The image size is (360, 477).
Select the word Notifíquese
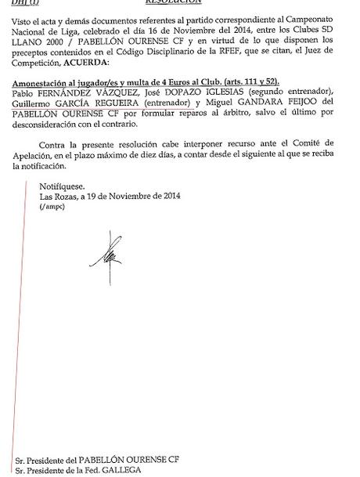pyautogui.click(x=63, y=185)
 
